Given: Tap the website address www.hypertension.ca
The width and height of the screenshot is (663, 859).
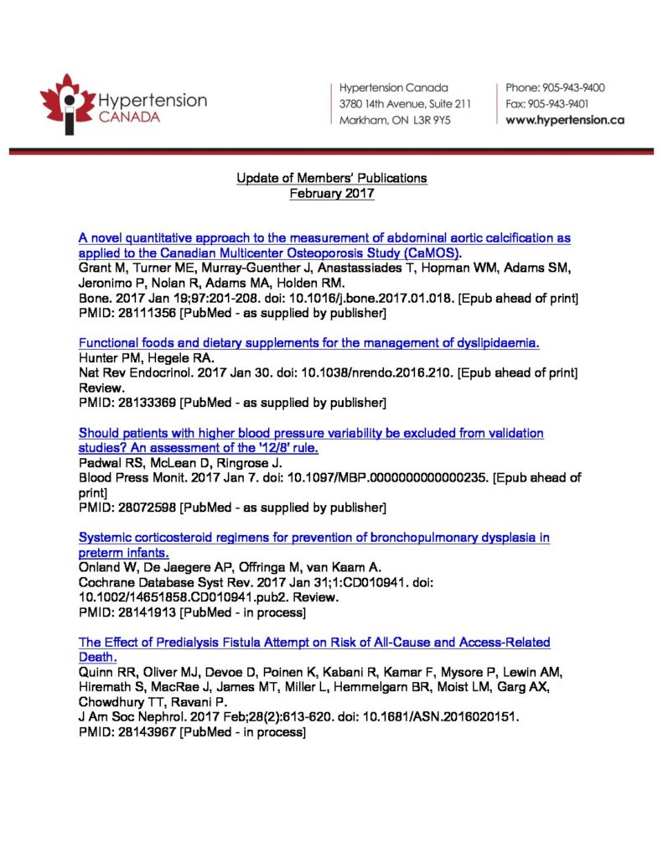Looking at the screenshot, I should (565, 120).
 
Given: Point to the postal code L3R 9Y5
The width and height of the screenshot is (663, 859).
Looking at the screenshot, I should (431, 120).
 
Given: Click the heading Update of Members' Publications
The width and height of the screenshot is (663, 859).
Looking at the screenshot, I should (331, 178).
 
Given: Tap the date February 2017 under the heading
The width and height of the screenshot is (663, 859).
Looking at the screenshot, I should (331, 193).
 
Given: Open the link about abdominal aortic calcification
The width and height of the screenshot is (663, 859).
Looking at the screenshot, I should (324, 245).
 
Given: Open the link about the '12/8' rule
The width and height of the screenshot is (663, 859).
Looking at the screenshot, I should (311, 440).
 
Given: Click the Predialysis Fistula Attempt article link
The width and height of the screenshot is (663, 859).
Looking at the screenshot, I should (314, 648).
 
